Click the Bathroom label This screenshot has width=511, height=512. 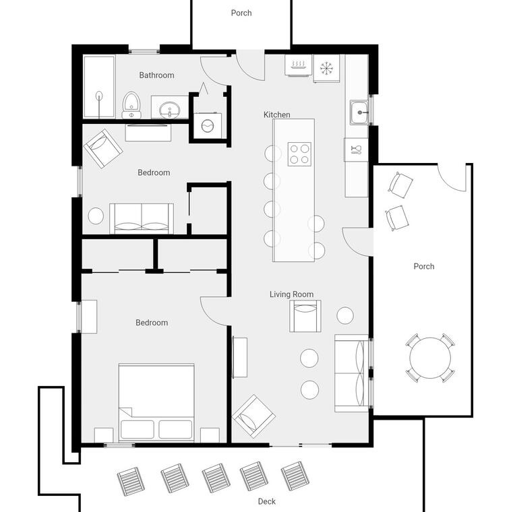point(156,75)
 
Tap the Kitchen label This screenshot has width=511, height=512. point(277,115)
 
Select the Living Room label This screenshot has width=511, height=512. point(291,294)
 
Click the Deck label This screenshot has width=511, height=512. point(266,501)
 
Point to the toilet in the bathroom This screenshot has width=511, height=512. point(131,105)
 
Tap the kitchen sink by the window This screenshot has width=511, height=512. point(359,113)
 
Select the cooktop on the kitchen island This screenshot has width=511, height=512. point(299,154)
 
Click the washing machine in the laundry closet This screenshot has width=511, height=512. point(208,126)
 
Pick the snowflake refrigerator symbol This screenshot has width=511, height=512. point(326,68)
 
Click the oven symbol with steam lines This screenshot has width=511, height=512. point(298,65)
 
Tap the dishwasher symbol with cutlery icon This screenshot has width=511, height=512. point(356,150)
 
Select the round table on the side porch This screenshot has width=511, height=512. point(430,358)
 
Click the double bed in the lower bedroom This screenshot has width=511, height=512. point(156,403)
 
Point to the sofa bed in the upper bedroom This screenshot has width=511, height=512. point(142,218)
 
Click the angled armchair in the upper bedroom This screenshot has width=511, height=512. point(103,149)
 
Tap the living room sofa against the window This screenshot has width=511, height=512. point(351,373)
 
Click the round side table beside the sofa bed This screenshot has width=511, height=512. point(96,216)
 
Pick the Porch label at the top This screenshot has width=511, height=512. point(241,13)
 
